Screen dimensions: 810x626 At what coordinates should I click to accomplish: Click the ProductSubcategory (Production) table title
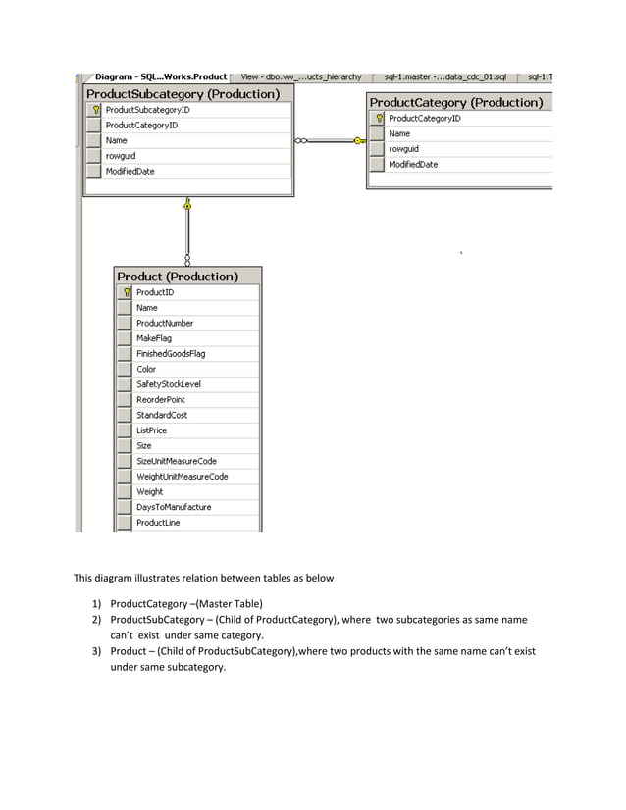point(183,94)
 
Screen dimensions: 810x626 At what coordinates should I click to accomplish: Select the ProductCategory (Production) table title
point(455,102)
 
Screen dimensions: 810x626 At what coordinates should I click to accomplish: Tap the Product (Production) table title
point(178,277)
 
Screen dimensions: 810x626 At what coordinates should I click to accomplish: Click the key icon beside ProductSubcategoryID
point(96,110)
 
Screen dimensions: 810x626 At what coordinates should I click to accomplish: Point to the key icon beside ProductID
point(127,292)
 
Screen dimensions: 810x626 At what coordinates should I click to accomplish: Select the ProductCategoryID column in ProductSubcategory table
point(141,126)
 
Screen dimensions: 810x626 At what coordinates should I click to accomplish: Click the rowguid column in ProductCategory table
point(403,149)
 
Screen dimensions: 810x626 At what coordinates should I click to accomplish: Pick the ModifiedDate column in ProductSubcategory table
point(130,172)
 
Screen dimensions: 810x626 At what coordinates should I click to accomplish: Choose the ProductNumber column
point(165,324)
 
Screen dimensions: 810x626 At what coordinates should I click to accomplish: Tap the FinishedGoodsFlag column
point(171,354)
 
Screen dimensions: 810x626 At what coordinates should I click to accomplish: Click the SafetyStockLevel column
point(169,384)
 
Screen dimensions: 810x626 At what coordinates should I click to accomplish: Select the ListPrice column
point(152,430)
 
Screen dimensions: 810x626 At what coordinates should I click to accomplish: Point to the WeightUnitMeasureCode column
point(183,477)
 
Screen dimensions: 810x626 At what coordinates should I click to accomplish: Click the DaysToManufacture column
point(174,507)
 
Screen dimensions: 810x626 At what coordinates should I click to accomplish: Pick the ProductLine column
point(158,523)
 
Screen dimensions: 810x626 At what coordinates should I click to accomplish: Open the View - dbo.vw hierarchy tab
point(301,76)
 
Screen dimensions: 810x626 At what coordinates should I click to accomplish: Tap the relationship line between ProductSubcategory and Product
point(187,231)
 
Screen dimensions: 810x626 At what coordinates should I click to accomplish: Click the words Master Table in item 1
point(229,603)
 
